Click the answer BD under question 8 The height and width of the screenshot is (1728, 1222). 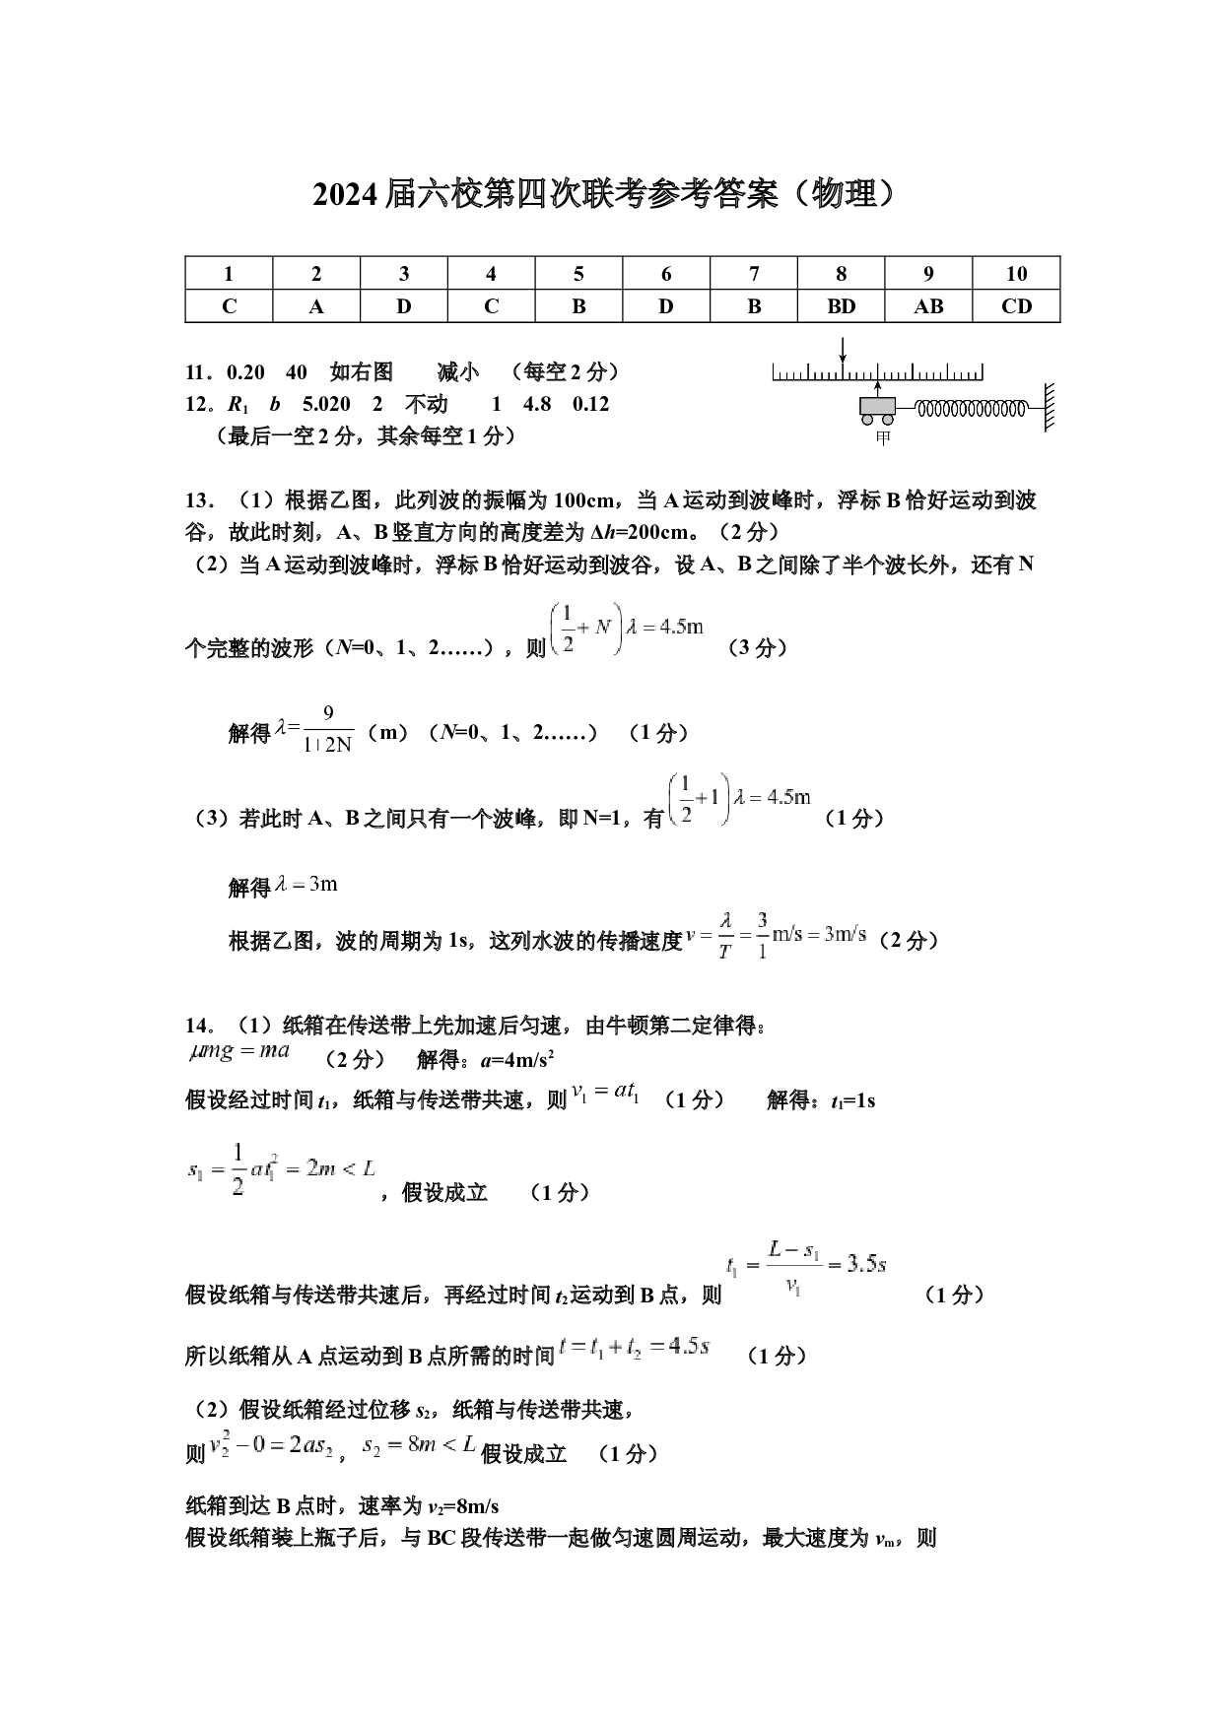point(841,306)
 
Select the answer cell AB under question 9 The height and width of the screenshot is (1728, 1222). point(928,306)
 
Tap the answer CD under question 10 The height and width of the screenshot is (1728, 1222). point(1016,306)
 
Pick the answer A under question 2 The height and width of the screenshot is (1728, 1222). point(316,306)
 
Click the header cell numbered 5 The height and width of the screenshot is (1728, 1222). point(578,273)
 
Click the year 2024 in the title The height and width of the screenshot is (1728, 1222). point(345,195)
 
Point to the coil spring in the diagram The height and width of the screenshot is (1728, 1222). point(971,407)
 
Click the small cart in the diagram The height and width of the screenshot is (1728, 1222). point(877,410)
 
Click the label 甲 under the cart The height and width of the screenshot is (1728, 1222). point(882,438)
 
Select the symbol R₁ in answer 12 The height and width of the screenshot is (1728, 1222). point(238,405)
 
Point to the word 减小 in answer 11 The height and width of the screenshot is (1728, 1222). point(458,371)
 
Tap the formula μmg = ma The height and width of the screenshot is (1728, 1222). point(239,1051)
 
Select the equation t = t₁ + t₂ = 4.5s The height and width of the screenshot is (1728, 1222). point(635,1347)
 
